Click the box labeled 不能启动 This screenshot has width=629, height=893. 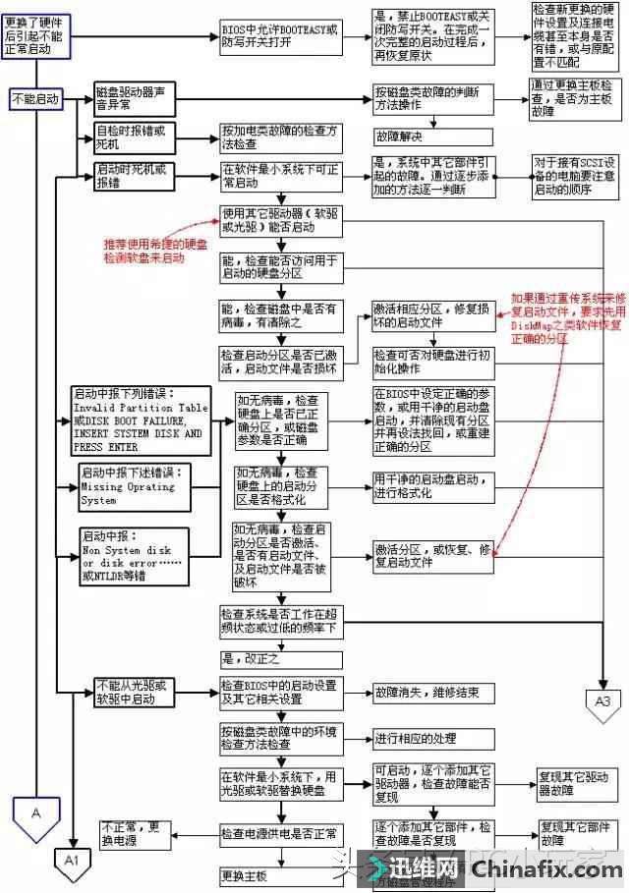click(x=34, y=98)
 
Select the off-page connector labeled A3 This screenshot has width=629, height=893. click(x=602, y=700)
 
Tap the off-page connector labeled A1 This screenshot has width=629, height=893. click(x=71, y=858)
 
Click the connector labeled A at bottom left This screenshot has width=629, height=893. click(x=35, y=813)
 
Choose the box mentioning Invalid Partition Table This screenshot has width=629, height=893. click(x=140, y=420)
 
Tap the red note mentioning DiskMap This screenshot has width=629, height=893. click(x=564, y=317)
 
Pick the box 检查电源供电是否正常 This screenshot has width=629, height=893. click(x=281, y=834)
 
